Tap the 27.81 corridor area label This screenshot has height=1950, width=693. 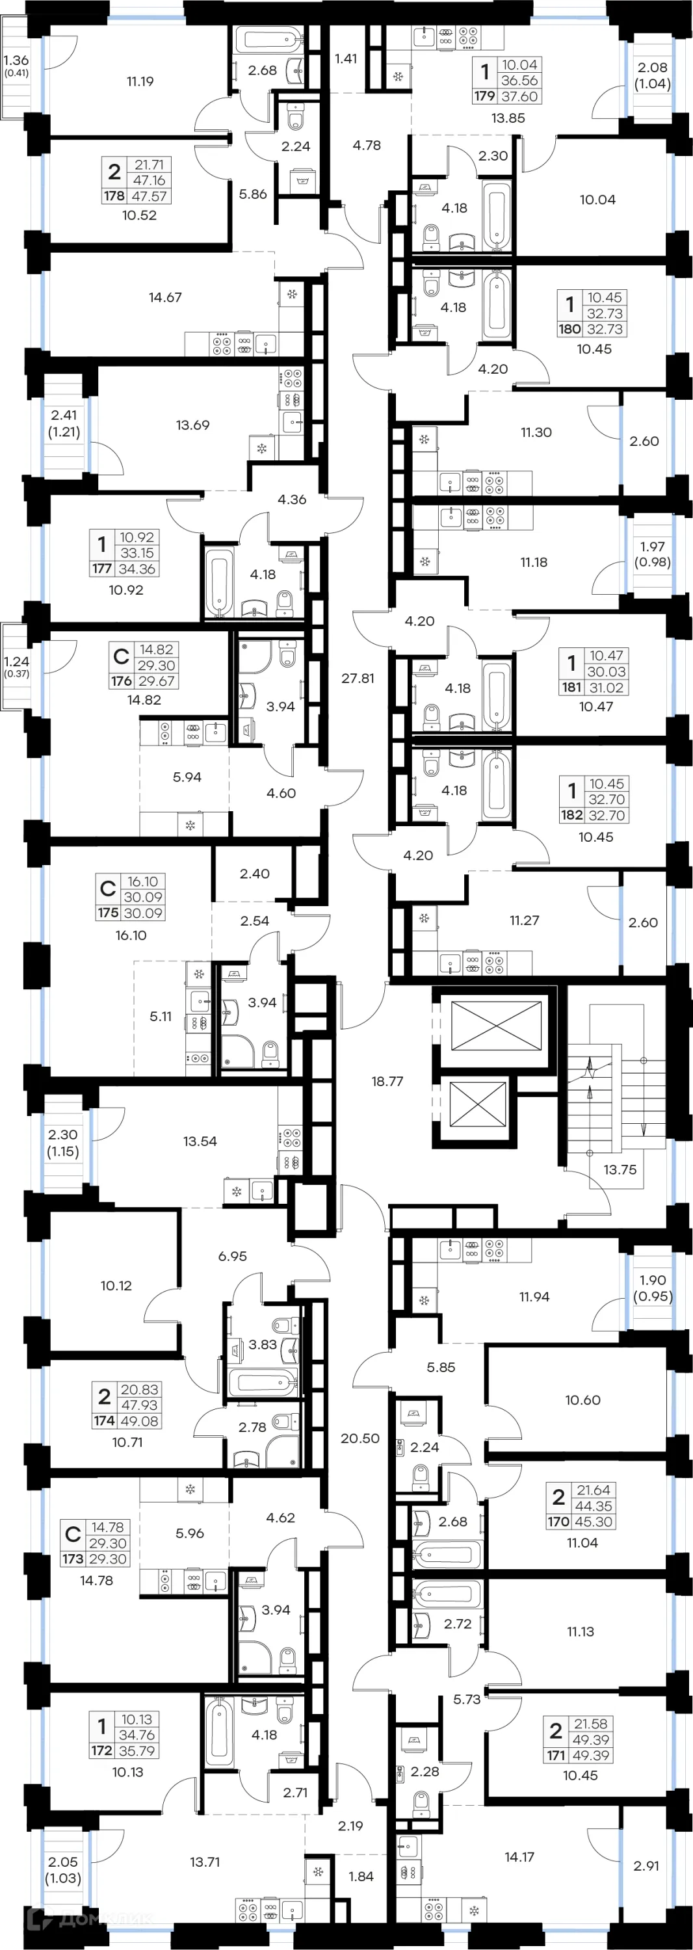(x=358, y=678)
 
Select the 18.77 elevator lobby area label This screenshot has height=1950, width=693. (x=387, y=1081)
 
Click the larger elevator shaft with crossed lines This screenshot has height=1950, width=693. (x=496, y=1026)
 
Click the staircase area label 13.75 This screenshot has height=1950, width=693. (x=620, y=1169)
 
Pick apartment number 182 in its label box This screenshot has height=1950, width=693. (x=571, y=815)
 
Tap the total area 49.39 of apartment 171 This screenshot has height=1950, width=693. (x=591, y=1755)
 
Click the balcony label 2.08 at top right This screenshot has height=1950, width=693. (x=652, y=68)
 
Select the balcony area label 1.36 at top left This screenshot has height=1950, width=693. (x=15, y=60)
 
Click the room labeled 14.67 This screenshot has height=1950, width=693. (x=165, y=298)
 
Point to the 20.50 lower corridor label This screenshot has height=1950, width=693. (x=360, y=1438)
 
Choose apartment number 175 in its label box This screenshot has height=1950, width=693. (x=107, y=913)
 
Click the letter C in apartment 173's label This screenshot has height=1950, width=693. (x=73, y=1535)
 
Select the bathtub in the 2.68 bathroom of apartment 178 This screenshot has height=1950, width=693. (x=269, y=38)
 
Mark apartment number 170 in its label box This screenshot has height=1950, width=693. (x=558, y=1522)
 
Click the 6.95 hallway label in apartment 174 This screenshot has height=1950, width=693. (x=233, y=1256)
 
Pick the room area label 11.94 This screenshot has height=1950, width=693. (x=534, y=1297)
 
